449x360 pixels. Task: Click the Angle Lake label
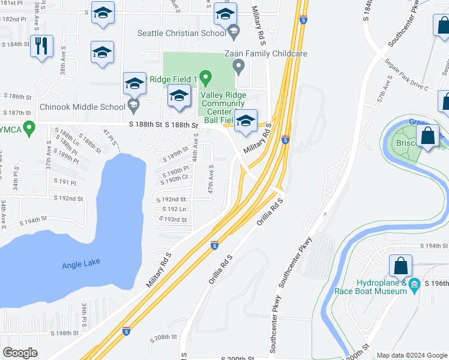(x=81, y=263)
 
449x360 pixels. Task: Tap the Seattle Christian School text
(x=181, y=33)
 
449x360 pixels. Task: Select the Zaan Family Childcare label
(x=266, y=53)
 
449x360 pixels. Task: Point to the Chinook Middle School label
(x=82, y=107)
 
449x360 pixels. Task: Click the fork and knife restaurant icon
(x=41, y=46)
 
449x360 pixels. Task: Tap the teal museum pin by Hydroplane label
(x=414, y=287)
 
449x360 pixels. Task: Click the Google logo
(x=20, y=353)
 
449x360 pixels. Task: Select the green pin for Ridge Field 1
(x=205, y=78)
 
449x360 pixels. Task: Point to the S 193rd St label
(x=175, y=220)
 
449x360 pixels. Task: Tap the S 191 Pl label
(x=65, y=182)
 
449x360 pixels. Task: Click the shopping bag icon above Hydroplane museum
(x=400, y=266)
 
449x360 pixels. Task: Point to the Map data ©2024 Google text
(x=412, y=355)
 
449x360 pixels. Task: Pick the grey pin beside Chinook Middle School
(x=134, y=107)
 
